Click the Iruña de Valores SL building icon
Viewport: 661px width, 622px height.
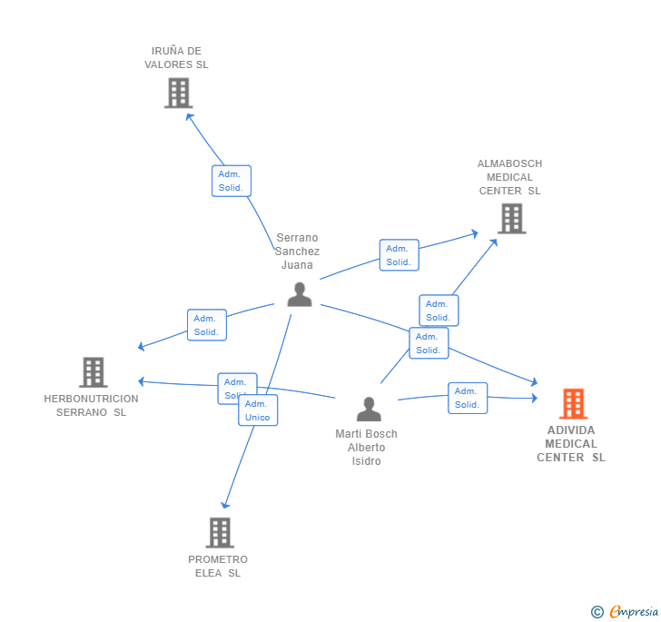tap(178, 93)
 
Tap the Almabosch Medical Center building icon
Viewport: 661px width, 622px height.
tap(511, 219)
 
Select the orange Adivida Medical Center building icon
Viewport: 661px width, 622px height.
tap(572, 403)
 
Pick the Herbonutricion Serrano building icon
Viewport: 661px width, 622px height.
tap(93, 372)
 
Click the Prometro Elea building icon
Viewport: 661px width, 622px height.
tap(220, 533)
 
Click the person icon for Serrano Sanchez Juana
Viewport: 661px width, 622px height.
tap(300, 294)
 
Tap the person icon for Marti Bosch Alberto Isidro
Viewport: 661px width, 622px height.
tap(369, 410)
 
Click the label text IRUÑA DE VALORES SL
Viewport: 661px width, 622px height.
tap(176, 58)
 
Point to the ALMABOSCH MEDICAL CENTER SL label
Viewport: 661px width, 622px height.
tap(509, 177)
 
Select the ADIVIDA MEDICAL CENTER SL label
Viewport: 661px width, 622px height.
tap(571, 444)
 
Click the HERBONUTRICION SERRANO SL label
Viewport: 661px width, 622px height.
tap(91, 405)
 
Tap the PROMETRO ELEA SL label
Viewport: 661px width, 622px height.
tap(218, 566)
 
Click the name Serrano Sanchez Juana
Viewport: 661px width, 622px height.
tap(297, 252)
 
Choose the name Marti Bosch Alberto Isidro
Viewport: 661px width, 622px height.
tap(366, 447)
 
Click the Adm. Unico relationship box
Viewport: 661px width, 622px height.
tap(258, 410)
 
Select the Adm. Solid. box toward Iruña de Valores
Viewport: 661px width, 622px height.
tap(231, 181)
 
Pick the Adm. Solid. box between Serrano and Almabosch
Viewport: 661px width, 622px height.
tap(399, 255)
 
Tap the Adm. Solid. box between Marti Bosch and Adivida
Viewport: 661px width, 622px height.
tap(468, 398)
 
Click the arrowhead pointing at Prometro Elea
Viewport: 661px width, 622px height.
tap(225, 505)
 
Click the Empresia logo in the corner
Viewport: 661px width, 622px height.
tap(625, 611)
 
